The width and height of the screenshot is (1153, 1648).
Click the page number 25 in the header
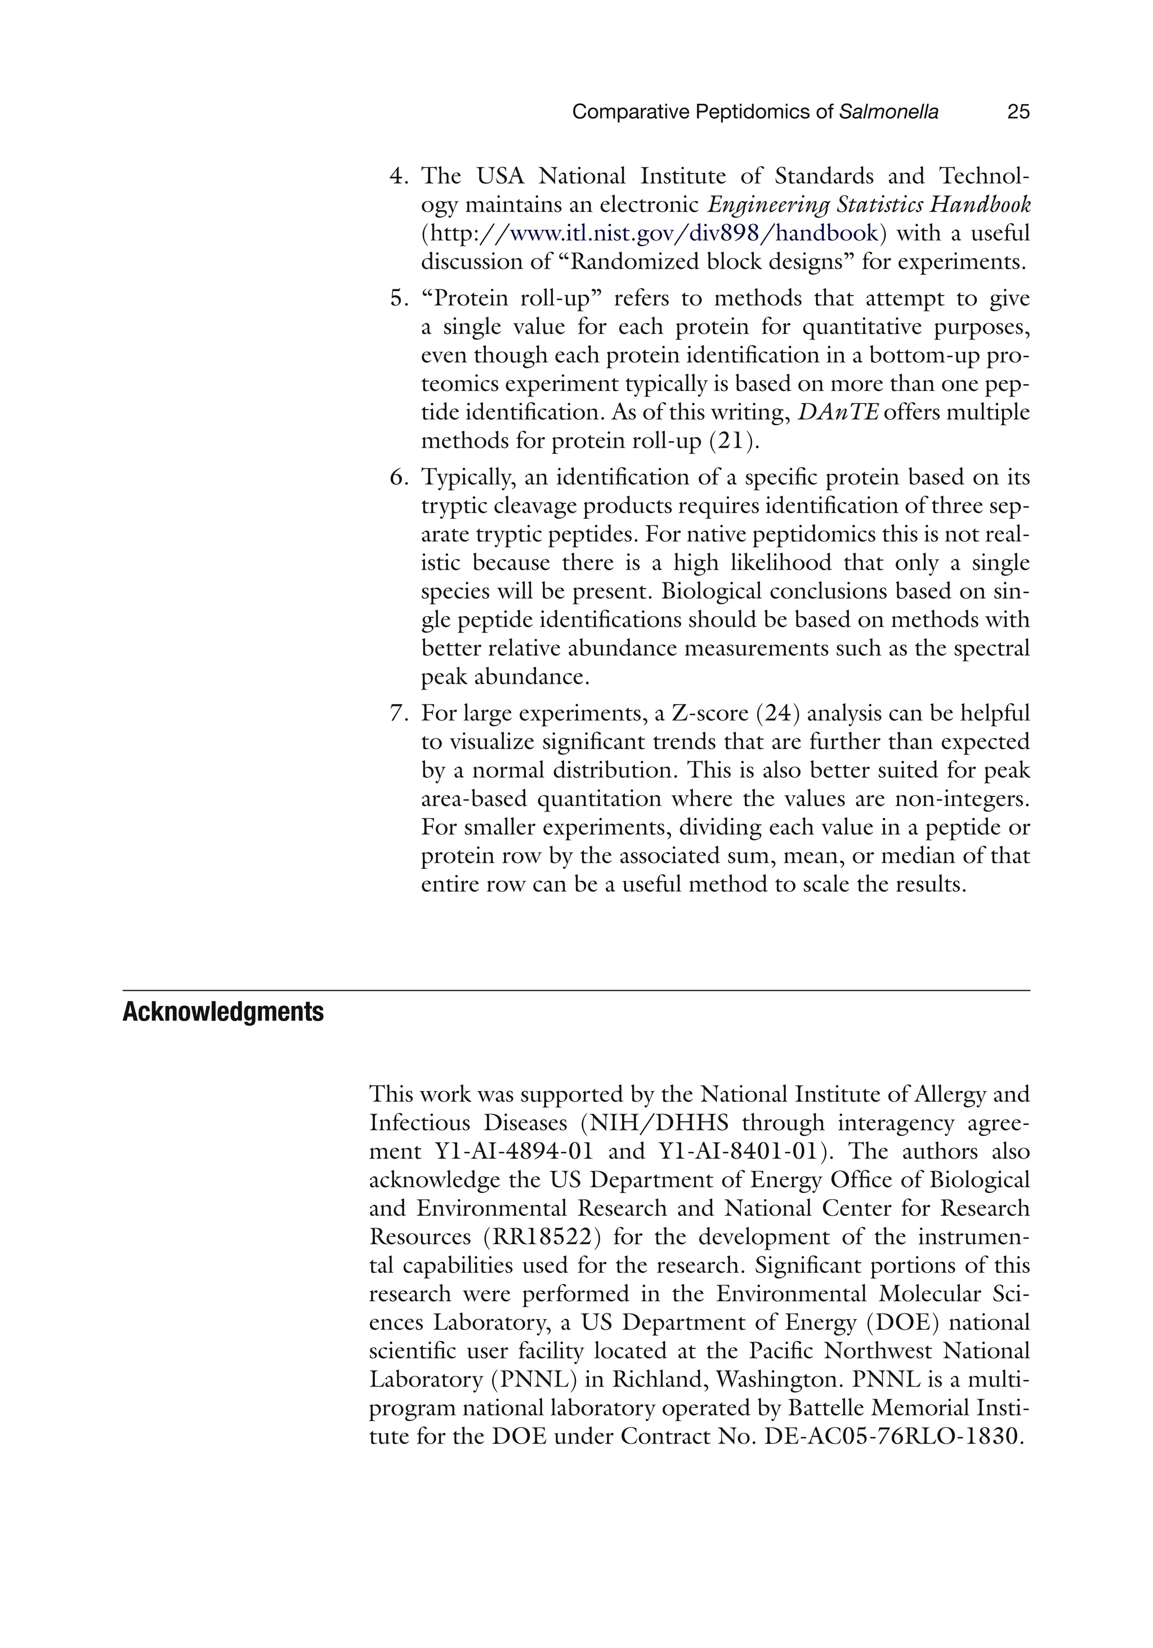coord(1018,112)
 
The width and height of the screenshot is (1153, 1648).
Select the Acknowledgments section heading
coord(223,1012)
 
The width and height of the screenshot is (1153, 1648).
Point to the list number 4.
coord(399,176)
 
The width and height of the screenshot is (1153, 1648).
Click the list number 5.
coord(399,298)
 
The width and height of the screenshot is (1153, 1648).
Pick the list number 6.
coord(399,476)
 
